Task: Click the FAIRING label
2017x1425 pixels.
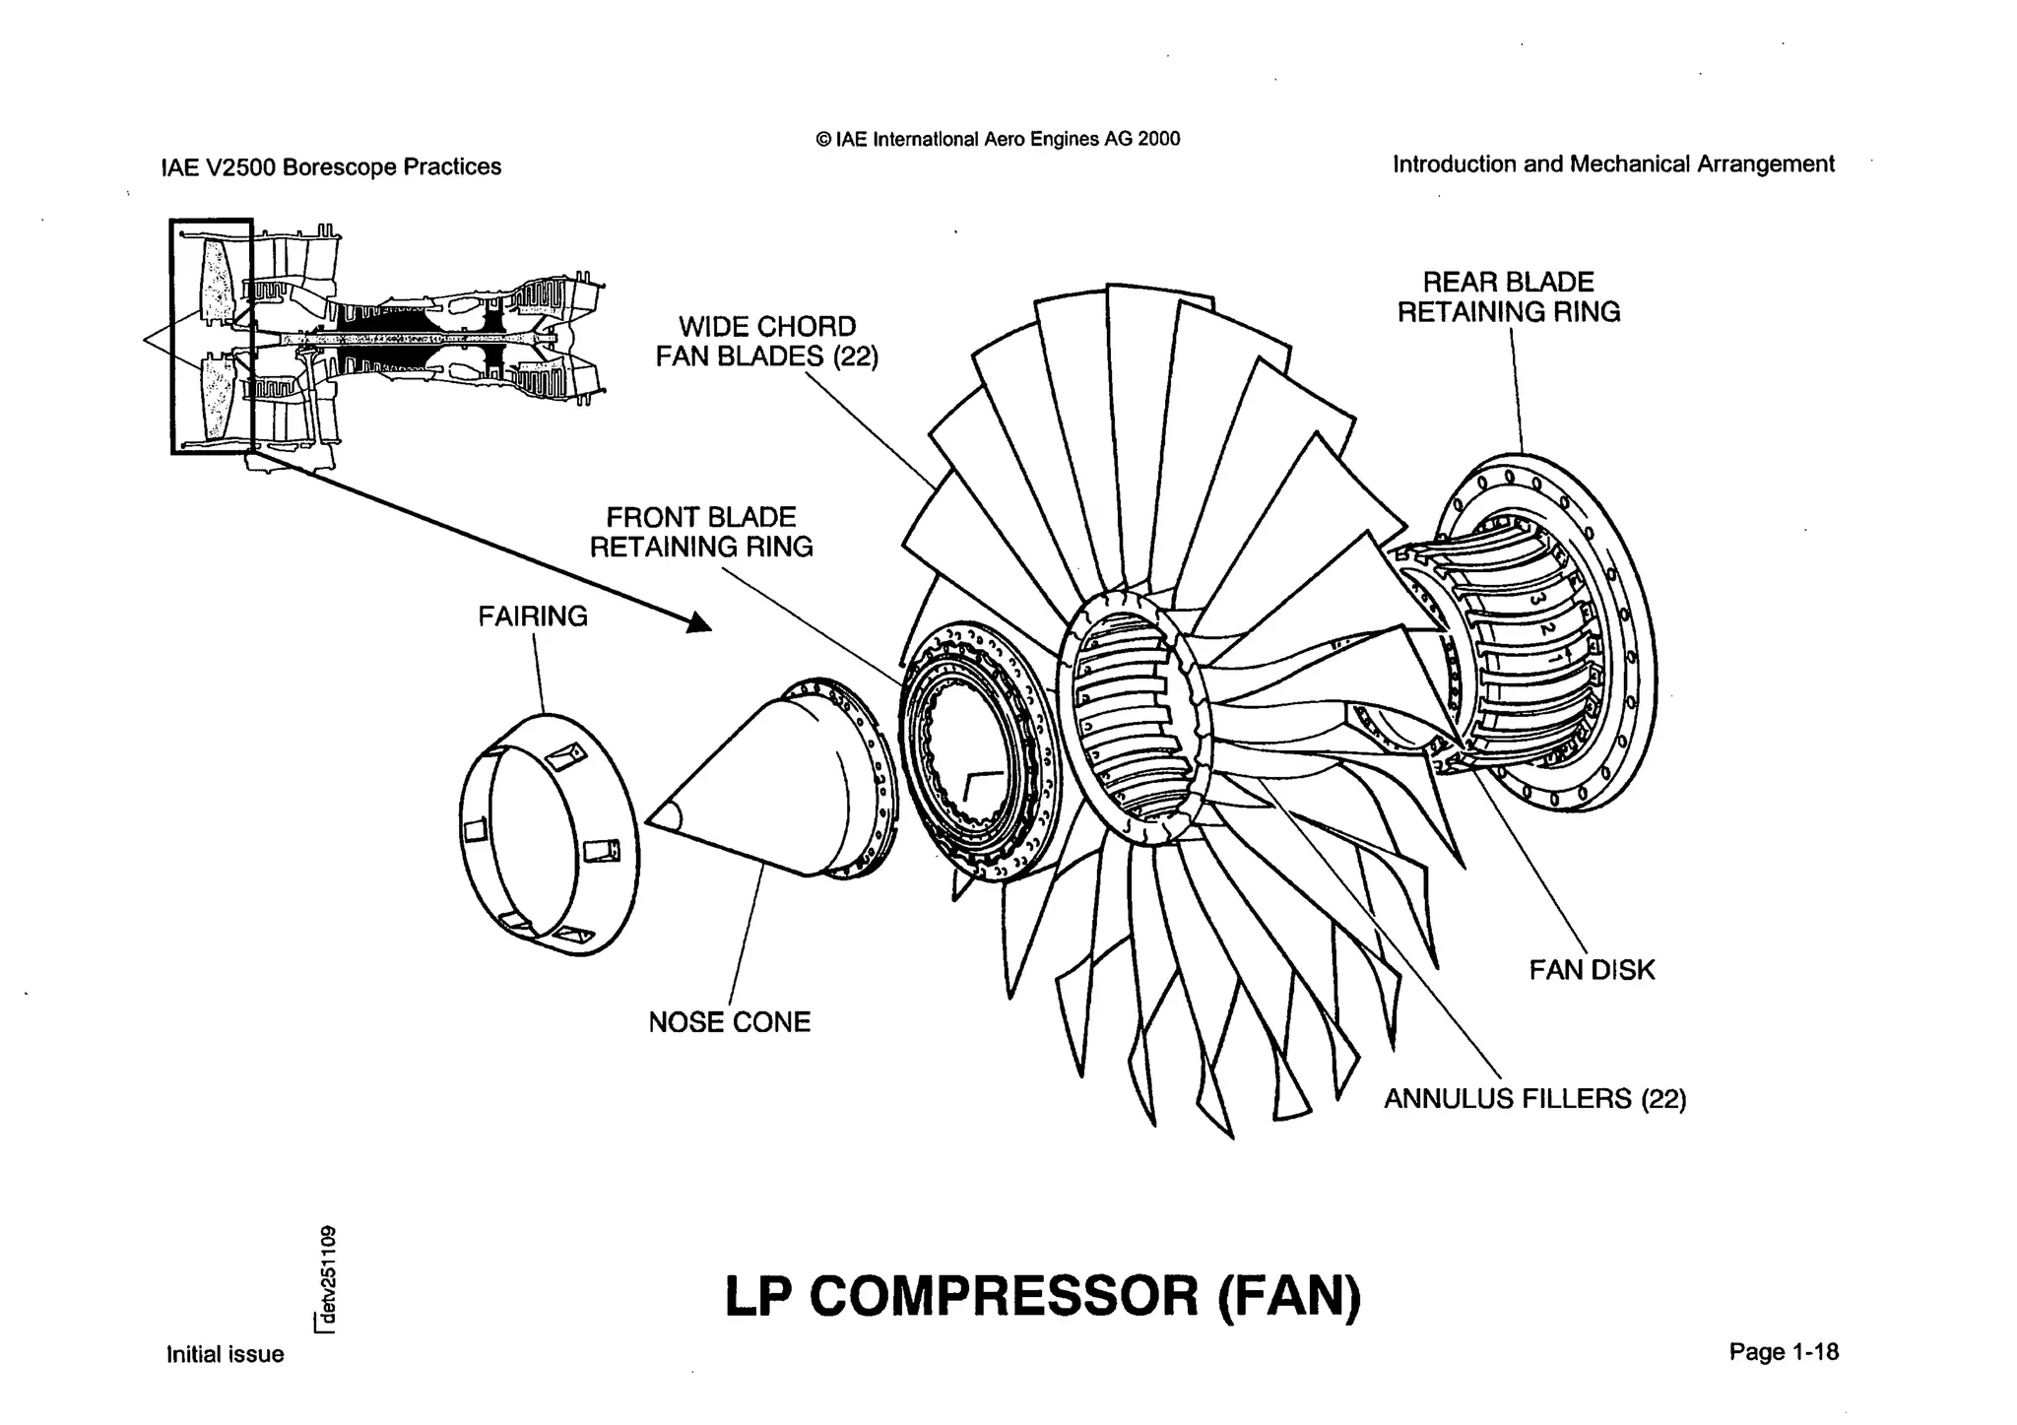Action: point(532,616)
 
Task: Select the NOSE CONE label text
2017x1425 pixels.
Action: point(729,1022)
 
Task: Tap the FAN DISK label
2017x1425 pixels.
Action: point(1592,970)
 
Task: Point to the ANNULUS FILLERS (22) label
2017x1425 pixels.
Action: point(1534,1098)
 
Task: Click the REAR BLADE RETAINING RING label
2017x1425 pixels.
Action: point(1508,297)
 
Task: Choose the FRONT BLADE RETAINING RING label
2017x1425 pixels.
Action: point(701,532)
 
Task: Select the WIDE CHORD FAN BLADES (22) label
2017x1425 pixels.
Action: point(766,341)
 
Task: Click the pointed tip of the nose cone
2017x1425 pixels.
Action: point(652,818)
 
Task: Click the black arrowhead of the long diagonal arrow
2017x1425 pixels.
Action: point(699,622)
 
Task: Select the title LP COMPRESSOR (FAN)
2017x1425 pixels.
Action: point(1042,1295)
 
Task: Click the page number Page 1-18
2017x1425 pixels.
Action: point(1783,1352)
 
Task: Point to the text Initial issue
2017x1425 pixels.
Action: point(225,1354)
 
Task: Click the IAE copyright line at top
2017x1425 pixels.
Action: point(998,139)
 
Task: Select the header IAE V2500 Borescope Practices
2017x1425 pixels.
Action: point(331,166)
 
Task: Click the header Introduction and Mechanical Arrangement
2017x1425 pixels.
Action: point(1612,163)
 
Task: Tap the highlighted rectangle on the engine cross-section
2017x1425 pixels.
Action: point(212,336)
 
